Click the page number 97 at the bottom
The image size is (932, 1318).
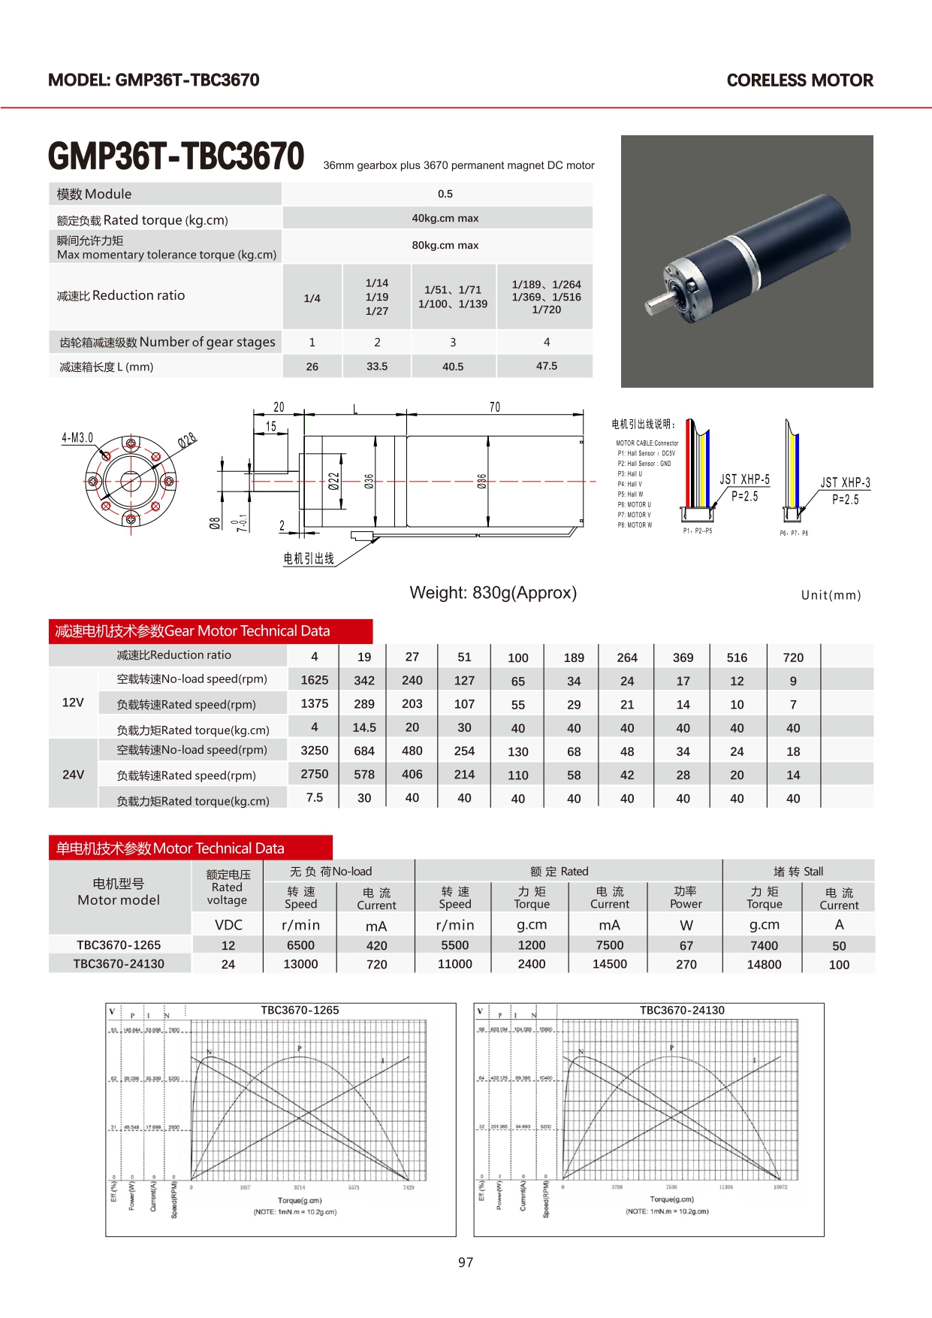tap(466, 1262)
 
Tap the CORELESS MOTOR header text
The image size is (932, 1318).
tap(800, 80)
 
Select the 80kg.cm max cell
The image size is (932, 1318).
tap(445, 245)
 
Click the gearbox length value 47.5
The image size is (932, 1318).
tap(546, 366)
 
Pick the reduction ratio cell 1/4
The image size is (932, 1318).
tap(312, 298)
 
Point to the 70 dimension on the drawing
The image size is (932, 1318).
tap(494, 407)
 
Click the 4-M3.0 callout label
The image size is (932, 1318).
tap(77, 437)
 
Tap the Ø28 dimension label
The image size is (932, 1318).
tap(187, 440)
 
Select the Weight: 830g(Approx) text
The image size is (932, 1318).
tap(493, 593)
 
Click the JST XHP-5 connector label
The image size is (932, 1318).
tap(744, 479)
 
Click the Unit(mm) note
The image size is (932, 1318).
tap(831, 595)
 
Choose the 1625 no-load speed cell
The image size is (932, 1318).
tap(315, 680)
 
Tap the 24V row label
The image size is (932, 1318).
tap(73, 774)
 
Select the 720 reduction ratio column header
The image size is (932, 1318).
tap(793, 657)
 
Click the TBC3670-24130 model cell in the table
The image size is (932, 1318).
tap(119, 964)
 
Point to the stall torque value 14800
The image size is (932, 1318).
tap(764, 964)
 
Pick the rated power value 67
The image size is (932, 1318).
tap(686, 945)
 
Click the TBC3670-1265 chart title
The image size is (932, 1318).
tap(300, 1010)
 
